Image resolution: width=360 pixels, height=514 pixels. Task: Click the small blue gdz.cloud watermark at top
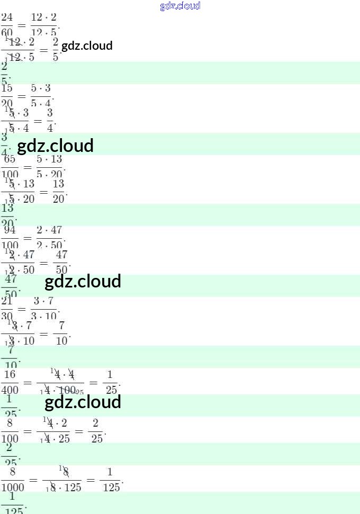pyautogui.click(x=180, y=6)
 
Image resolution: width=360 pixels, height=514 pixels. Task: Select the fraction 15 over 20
pyautogui.click(x=7, y=96)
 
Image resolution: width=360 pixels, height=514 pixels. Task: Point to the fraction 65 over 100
pyautogui.click(x=10, y=166)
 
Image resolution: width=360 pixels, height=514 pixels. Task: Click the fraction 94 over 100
pyautogui.click(x=10, y=237)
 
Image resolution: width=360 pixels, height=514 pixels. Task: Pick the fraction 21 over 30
pyautogui.click(x=7, y=308)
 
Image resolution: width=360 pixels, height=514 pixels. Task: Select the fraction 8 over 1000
pyautogui.click(x=12, y=479)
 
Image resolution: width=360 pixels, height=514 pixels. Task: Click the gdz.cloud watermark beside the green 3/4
pyautogui.click(x=56, y=145)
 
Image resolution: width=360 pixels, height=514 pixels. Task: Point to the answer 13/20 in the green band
pyautogui.click(x=7, y=214)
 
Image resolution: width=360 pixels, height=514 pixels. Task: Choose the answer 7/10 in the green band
pyautogui.click(x=10, y=356)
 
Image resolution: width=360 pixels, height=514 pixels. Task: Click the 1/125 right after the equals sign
pyautogui.click(x=111, y=479)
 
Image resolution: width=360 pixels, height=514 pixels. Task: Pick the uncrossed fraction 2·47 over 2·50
pyautogui.click(x=49, y=237)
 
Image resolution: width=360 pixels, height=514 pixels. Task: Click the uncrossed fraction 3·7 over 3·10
pyautogui.click(x=44, y=308)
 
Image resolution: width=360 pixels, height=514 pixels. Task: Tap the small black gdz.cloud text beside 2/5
pyautogui.click(x=87, y=46)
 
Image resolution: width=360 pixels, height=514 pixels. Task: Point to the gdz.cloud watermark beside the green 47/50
pyautogui.click(x=83, y=281)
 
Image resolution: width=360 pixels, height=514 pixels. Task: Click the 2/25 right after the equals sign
pyautogui.click(x=96, y=431)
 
